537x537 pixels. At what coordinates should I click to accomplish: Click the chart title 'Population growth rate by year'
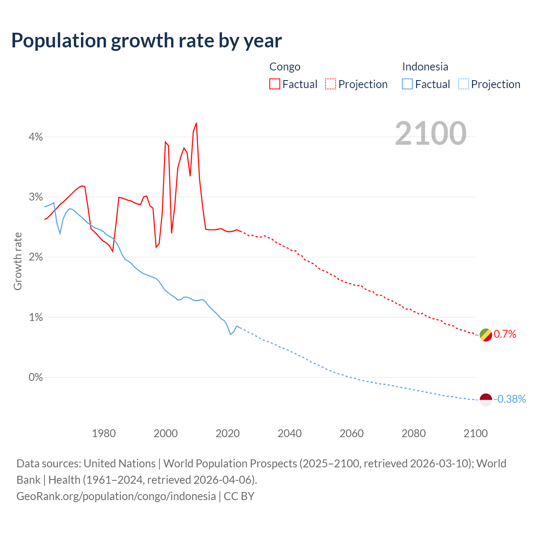(146, 41)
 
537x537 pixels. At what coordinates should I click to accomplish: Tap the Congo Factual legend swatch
(275, 84)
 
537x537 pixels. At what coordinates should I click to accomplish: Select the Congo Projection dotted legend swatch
(331, 84)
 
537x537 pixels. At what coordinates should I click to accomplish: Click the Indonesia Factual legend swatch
(407, 84)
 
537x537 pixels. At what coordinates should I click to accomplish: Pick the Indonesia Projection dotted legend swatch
(464, 84)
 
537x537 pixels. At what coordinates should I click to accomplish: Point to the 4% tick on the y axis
(36, 137)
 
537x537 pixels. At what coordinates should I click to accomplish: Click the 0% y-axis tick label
(36, 378)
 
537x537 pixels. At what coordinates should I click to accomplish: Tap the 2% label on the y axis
(36, 257)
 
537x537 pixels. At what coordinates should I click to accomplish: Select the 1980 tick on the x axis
(104, 433)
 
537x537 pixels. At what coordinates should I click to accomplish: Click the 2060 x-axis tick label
(352, 433)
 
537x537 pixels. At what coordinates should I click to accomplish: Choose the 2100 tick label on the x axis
(475, 433)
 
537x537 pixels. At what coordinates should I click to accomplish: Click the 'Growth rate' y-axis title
(18, 261)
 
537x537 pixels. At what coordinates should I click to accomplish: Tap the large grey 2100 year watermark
(430, 133)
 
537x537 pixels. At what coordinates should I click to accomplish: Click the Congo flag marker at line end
(485, 335)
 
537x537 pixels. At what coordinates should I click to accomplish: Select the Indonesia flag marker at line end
(485, 400)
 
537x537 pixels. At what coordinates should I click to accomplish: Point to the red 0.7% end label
(505, 334)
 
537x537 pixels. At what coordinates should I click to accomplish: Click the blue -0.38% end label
(510, 399)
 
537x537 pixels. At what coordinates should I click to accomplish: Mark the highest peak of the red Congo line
(196, 123)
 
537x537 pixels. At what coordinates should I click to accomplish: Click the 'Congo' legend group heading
(285, 67)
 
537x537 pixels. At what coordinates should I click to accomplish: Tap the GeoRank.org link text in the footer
(116, 496)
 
